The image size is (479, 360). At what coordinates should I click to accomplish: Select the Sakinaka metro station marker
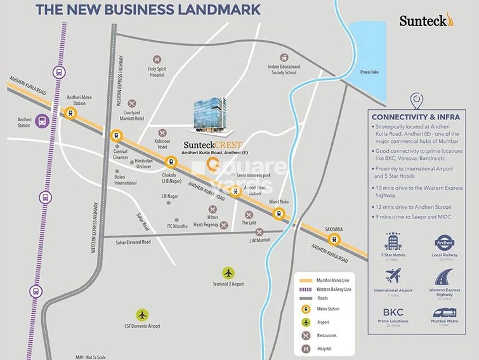point(333,239)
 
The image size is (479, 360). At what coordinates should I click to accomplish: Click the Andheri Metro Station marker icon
point(70,114)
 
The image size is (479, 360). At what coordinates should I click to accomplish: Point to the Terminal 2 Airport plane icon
point(228,271)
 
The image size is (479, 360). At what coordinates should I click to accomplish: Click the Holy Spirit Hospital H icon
point(155,58)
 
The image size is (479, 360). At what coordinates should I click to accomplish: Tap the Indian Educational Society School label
point(282,69)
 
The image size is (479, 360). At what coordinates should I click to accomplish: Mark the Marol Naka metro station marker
point(279,214)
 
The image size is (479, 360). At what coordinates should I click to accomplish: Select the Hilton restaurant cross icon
point(212,210)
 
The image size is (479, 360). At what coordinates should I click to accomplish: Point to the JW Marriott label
point(259,241)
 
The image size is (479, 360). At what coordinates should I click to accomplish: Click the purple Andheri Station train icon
point(43,120)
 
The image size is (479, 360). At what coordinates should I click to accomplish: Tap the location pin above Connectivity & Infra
point(417,101)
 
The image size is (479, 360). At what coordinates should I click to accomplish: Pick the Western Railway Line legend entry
point(332,290)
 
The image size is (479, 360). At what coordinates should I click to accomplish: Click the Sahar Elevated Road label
point(129,242)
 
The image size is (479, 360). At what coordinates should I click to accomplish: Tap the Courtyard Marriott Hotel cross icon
point(132,103)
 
